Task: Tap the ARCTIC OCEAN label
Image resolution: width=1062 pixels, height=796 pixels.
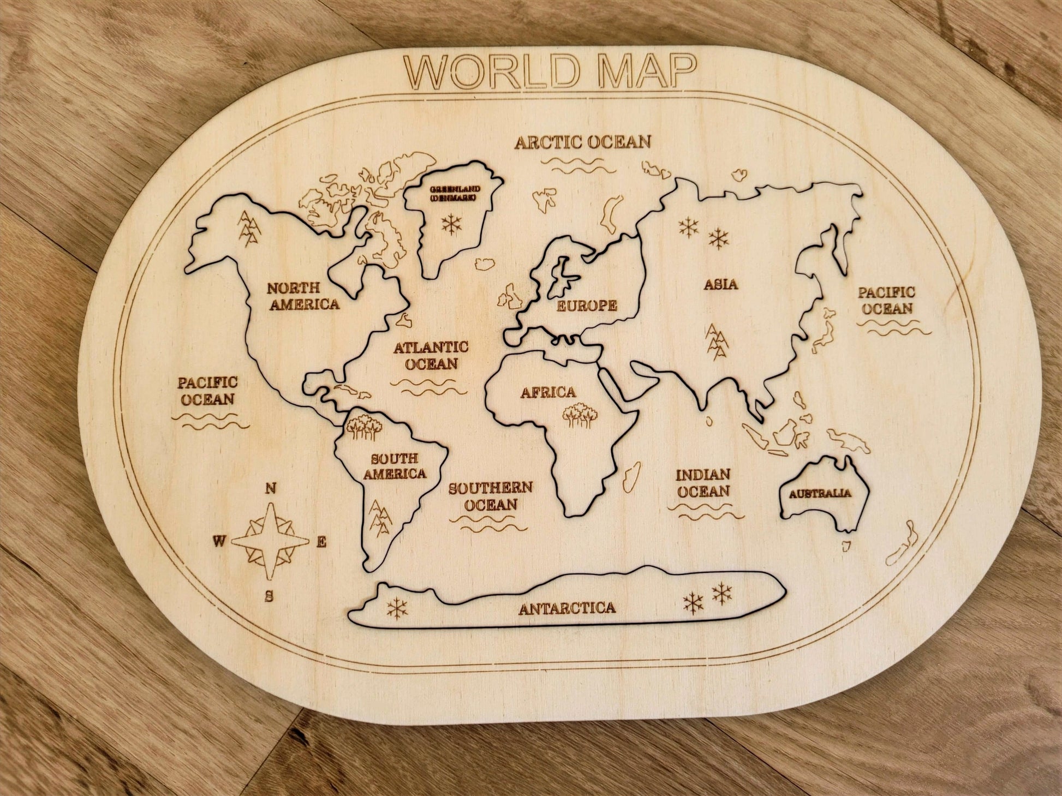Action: pyautogui.click(x=583, y=142)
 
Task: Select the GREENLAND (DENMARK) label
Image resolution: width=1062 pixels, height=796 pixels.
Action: pyautogui.click(x=455, y=193)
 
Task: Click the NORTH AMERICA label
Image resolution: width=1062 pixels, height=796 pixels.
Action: pyautogui.click(x=303, y=296)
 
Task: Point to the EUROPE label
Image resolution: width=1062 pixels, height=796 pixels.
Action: pyautogui.click(x=587, y=306)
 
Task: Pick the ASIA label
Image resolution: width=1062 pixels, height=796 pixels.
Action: pyautogui.click(x=720, y=284)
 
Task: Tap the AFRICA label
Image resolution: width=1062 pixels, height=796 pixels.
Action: pyautogui.click(x=548, y=392)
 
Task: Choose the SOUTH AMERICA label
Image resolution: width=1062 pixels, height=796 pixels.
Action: pyautogui.click(x=394, y=466)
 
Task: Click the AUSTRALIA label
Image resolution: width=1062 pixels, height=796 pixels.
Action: pyautogui.click(x=820, y=493)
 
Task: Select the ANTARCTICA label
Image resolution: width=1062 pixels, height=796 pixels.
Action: pyautogui.click(x=567, y=608)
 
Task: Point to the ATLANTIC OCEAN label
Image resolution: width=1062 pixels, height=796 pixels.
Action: pyautogui.click(x=431, y=355)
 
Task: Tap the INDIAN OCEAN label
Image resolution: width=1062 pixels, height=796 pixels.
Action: pyautogui.click(x=703, y=483)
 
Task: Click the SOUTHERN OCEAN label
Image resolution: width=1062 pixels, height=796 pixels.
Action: pyautogui.click(x=490, y=495)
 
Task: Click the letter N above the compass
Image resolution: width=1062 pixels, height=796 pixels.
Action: pyautogui.click(x=270, y=488)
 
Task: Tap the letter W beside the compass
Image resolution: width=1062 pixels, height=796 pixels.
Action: pyautogui.click(x=219, y=541)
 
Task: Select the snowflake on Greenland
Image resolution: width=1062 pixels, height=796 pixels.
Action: pyautogui.click(x=451, y=224)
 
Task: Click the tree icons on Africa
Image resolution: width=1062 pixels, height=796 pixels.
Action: pyautogui.click(x=578, y=415)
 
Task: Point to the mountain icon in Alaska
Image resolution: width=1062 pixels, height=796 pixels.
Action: pyautogui.click(x=249, y=227)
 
